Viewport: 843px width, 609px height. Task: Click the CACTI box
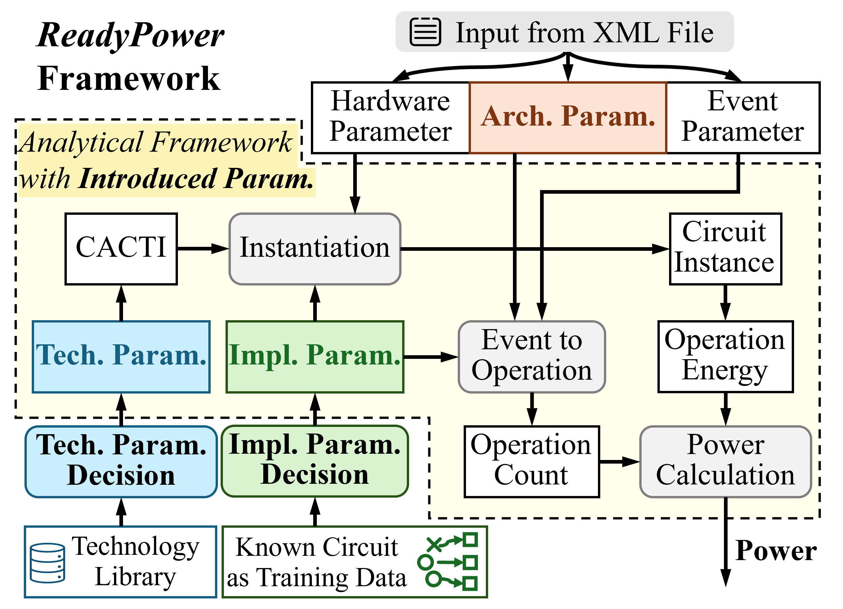coord(121,249)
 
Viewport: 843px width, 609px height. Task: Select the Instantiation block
coord(315,249)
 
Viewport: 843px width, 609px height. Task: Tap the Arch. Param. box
coord(568,117)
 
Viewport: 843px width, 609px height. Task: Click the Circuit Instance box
coord(725,249)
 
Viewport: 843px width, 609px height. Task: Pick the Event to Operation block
coord(531,357)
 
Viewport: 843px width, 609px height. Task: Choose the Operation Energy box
coord(725,357)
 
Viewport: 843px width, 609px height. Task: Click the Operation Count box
coord(531,462)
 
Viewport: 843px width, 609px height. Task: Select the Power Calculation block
coord(725,462)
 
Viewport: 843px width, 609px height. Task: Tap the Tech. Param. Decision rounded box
coord(121,462)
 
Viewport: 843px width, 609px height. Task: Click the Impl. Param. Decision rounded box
coord(315,462)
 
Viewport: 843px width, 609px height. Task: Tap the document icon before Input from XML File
coord(425,32)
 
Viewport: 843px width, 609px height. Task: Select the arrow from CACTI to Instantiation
coord(203,248)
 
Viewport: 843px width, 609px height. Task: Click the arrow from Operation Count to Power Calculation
coord(619,462)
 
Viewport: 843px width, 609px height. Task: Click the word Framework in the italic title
coord(222,143)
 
